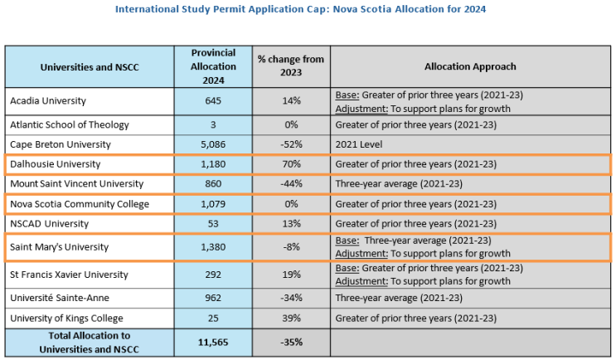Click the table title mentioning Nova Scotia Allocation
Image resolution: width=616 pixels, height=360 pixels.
[x=300, y=9]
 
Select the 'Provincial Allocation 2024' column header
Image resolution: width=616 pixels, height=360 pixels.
[x=213, y=66]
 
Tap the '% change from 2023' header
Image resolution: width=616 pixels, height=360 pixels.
[x=291, y=66]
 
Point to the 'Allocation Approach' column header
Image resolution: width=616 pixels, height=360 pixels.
[x=470, y=66]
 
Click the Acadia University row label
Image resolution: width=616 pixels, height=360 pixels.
[x=48, y=101]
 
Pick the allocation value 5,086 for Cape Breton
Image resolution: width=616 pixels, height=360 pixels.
[x=213, y=144]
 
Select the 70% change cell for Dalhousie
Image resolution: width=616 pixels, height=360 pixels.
[x=291, y=164]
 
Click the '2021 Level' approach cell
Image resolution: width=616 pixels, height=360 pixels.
[x=359, y=144]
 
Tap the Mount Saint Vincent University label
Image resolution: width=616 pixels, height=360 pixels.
[x=77, y=184]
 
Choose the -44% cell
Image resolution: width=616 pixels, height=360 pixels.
[x=291, y=183]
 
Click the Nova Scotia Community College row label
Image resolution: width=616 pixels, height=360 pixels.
[x=80, y=204]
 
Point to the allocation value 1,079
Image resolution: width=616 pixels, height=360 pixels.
[x=213, y=204]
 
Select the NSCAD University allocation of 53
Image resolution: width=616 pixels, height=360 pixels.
[x=213, y=224]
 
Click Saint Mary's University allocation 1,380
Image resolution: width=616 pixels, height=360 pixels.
[x=213, y=247]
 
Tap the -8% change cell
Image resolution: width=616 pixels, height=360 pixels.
[x=291, y=247]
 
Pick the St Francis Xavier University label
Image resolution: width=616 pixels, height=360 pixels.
[x=69, y=275]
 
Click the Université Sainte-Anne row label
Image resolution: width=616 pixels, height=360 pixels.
[x=60, y=298]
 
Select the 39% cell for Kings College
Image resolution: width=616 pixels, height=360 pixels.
[x=291, y=318]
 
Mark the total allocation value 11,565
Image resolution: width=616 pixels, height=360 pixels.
[x=213, y=343]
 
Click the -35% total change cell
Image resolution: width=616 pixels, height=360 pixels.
[x=291, y=343]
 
